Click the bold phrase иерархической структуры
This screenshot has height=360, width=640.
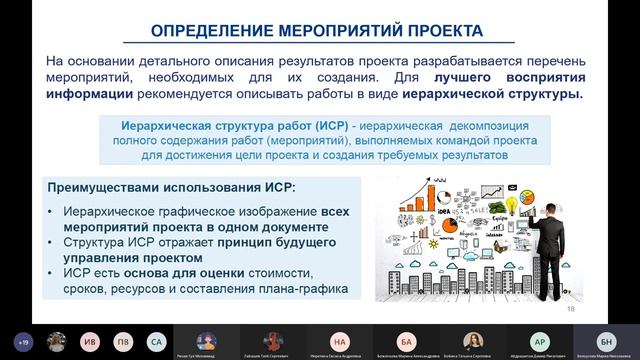[497, 95]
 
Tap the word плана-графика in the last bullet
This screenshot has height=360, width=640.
[301, 289]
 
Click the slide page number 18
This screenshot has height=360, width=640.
[571, 310]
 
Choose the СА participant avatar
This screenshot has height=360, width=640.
[155, 341]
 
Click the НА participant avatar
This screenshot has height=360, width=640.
[341, 341]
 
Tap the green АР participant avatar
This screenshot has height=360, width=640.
[539, 341]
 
